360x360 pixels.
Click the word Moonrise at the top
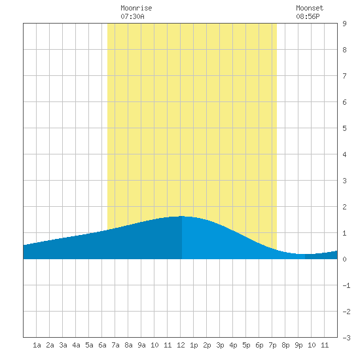pyautogui.click(x=136, y=8)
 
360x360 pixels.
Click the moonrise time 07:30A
pyautogui.click(x=132, y=16)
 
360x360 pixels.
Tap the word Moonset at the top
pyautogui.click(x=310, y=8)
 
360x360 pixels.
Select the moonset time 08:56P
pyautogui.click(x=308, y=16)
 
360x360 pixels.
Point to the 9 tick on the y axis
pyautogui.click(x=344, y=24)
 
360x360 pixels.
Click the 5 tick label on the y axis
pyautogui.click(x=344, y=128)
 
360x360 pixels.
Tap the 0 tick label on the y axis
pyautogui.click(x=344, y=259)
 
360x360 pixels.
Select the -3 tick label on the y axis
pyautogui.click(x=346, y=338)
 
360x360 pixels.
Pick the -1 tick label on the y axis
pyautogui.click(x=346, y=285)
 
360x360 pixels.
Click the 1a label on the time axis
pyautogui.click(x=37, y=345)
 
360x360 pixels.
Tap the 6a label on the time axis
pyautogui.click(x=102, y=345)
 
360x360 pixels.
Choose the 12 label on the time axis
pyautogui.click(x=181, y=345)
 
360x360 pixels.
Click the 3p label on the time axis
pyautogui.click(x=220, y=345)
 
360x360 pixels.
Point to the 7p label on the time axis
pyautogui.click(x=272, y=345)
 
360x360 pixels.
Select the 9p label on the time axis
pyautogui.click(x=298, y=345)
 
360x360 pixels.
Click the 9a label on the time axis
pyautogui.click(x=141, y=345)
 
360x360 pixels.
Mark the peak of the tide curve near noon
pyautogui.click(x=181, y=216)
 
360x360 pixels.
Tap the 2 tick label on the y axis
pyautogui.click(x=344, y=207)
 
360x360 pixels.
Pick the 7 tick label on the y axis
pyautogui.click(x=344, y=76)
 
